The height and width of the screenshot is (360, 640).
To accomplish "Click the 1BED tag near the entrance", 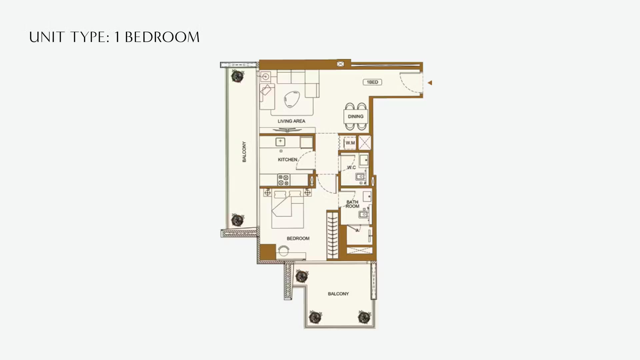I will (x=372, y=82).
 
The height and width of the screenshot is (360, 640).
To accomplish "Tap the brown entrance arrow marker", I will (x=430, y=83).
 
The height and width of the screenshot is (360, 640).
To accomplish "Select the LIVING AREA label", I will (x=291, y=121).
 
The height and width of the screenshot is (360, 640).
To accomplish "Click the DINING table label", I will (x=356, y=116).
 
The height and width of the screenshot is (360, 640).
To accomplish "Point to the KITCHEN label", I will (x=287, y=160).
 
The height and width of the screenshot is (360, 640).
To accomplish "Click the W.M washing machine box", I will (x=350, y=143).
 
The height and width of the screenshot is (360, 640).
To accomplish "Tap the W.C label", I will (x=351, y=167).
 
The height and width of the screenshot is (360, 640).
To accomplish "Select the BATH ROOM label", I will (x=352, y=204).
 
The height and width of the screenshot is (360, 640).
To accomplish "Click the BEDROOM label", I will (x=298, y=238).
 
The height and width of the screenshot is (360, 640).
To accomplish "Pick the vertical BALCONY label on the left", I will (x=244, y=152).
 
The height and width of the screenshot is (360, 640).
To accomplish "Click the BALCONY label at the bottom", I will (x=338, y=294).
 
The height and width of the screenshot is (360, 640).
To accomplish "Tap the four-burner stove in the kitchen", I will (x=284, y=180).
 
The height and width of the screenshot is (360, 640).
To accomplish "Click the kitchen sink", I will (x=280, y=142).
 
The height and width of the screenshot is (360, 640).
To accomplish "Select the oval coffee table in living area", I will (x=292, y=99).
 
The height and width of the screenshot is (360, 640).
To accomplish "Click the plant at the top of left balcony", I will (x=237, y=76).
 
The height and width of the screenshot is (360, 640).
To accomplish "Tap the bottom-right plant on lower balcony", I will (x=364, y=317).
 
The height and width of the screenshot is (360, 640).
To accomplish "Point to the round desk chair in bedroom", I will (x=284, y=250).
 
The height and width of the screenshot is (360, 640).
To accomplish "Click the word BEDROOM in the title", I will (x=162, y=37).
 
